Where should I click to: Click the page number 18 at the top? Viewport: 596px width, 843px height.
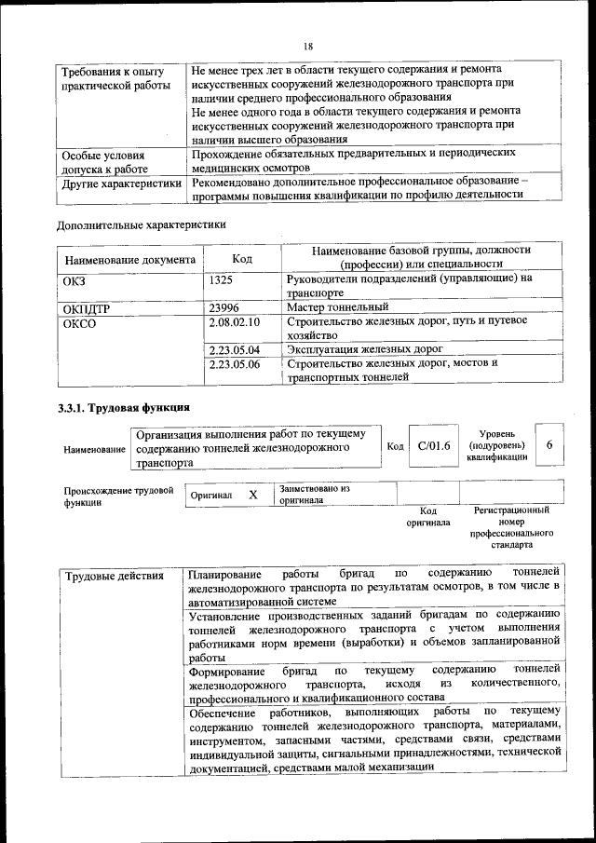pos(308,46)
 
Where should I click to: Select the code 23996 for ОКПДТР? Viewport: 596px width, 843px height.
pos(225,306)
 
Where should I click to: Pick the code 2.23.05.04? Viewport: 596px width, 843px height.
pos(235,349)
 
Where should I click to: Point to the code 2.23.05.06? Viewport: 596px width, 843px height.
pos(235,364)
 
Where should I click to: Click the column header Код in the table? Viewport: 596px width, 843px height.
pos(242,258)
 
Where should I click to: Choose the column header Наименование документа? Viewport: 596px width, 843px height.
pos(129,259)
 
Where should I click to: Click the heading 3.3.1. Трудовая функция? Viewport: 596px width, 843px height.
pos(124,408)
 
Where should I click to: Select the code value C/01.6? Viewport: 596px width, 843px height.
pos(434,445)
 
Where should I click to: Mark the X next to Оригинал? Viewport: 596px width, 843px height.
pos(252,495)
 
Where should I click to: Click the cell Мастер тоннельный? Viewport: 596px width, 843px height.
pos(337,306)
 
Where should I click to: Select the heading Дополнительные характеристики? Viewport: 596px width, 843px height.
pos(141,225)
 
